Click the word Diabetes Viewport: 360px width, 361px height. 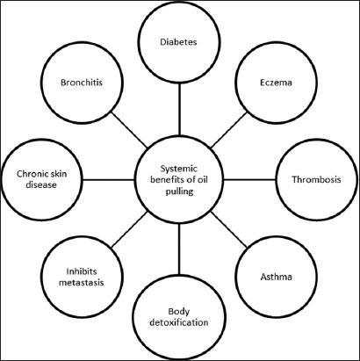[178, 42]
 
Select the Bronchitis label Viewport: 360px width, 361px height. [82, 83]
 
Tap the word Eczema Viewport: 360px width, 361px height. [276, 83]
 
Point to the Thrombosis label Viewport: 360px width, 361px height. [316, 179]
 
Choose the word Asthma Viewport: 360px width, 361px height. [276, 277]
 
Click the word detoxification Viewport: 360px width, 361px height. [179, 322]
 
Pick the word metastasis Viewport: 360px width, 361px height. [82, 283]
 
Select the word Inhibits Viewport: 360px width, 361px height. [82, 271]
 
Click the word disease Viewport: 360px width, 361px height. [41, 185]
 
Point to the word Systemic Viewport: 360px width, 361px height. [179, 169]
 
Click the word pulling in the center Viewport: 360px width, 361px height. [179, 191]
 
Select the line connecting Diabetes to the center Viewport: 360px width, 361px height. [179, 108]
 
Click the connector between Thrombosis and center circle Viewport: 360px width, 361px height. [249, 179]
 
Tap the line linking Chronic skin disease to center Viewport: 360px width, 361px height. [108, 179]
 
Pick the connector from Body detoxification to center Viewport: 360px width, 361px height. [179, 249]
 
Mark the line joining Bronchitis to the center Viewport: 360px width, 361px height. [129, 129]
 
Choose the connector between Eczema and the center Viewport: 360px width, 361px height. [229, 129]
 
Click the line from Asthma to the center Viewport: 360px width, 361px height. [229, 229]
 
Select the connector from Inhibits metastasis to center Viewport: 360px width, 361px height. [129, 229]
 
